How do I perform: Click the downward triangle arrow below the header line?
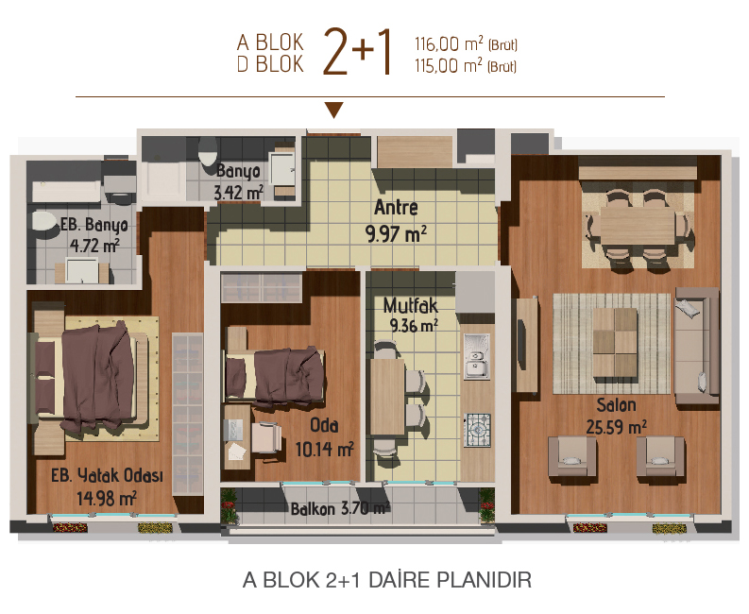[x=334, y=110]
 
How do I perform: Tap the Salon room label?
[x=616, y=405]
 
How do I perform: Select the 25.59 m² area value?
[x=616, y=427]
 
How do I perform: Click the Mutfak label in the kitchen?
[x=410, y=306]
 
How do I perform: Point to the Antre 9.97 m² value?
[x=396, y=234]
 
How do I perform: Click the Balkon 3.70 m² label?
[x=341, y=509]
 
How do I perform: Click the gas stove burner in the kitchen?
[x=477, y=430]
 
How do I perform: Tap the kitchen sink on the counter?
[x=477, y=356]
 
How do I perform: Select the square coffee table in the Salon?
[x=615, y=343]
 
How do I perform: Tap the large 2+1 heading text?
[x=358, y=52]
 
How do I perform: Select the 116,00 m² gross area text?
[x=466, y=44]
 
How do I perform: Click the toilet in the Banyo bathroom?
[x=208, y=151]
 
